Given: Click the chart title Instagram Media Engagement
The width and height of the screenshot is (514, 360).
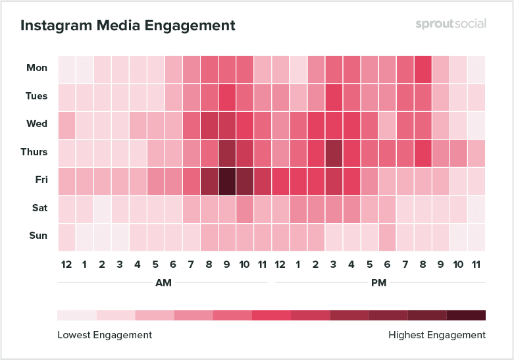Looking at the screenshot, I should pos(128,26).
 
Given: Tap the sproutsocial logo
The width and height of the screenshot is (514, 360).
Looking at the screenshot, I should pos(451,24).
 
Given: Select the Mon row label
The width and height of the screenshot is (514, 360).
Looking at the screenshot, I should pos(37,68).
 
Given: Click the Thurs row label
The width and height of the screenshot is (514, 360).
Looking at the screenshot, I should pos(34,152).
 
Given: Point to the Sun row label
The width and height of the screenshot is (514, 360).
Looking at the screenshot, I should pos(38,236).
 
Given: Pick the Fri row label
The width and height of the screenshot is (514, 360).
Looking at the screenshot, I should pos(39,180).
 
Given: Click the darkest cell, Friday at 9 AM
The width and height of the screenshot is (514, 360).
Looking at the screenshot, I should pos(227,180).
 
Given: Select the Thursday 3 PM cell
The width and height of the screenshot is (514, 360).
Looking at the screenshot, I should pos(334,152).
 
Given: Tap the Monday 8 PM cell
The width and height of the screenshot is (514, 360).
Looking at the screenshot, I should pos(423,68).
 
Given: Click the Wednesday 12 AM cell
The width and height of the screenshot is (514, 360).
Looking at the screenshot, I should pos(66,124).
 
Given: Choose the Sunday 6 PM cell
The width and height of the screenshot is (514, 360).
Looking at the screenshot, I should pos(387,236).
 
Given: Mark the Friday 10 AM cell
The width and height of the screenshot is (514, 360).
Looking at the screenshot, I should pos(245,180).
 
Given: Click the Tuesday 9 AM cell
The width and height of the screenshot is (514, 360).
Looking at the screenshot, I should pos(227,96).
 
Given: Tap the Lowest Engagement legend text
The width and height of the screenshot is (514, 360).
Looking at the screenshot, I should pos(105,335).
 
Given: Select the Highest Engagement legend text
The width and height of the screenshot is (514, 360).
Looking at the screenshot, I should pos(437,335).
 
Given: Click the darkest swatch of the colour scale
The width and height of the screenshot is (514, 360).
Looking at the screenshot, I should pos(466,315).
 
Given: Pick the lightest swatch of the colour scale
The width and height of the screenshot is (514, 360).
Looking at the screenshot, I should pos(77,315).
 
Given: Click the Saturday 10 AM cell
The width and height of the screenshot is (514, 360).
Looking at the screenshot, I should pos(245,208).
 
